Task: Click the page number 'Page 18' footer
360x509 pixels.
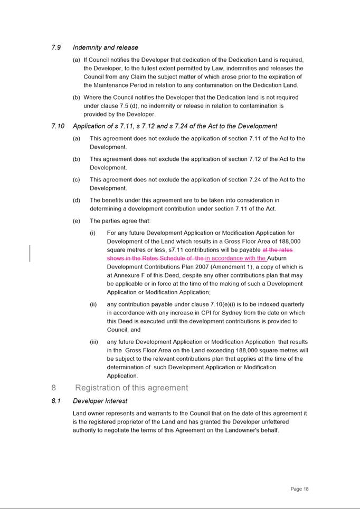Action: [x=299, y=489]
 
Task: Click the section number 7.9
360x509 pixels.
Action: [x=56, y=47]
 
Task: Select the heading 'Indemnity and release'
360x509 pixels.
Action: [x=106, y=47]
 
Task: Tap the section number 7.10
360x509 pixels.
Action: [x=58, y=126]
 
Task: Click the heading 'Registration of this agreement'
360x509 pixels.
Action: [x=131, y=388]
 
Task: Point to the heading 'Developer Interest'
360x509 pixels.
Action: [x=100, y=401]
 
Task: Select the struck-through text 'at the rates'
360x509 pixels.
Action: [x=278, y=249]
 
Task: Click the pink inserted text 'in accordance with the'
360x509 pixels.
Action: [x=235, y=258]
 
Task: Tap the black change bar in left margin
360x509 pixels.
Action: [x=30, y=253]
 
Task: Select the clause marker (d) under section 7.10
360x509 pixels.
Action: [x=77, y=200]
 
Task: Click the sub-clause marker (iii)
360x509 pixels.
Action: [x=94, y=342]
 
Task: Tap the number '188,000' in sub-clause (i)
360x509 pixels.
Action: [x=290, y=241]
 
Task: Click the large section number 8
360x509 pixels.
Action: [x=54, y=388]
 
